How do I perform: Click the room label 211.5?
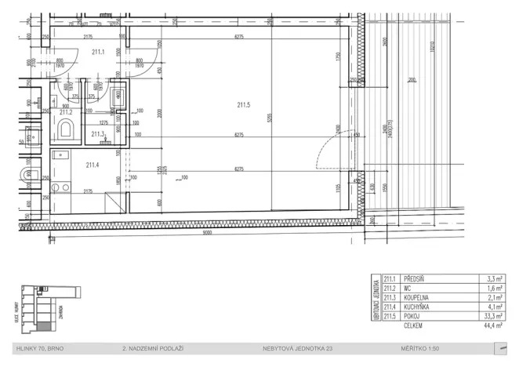(x=243, y=104)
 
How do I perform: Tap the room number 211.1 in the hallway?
(x=97, y=52)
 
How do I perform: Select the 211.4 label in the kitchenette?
(x=93, y=164)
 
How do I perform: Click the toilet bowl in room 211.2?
(x=66, y=129)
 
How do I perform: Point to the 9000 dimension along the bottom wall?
(x=207, y=232)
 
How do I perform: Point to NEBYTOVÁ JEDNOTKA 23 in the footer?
(x=292, y=347)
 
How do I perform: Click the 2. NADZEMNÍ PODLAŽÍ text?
(x=153, y=347)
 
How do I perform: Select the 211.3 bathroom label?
(x=97, y=134)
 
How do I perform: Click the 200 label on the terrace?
(x=412, y=80)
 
